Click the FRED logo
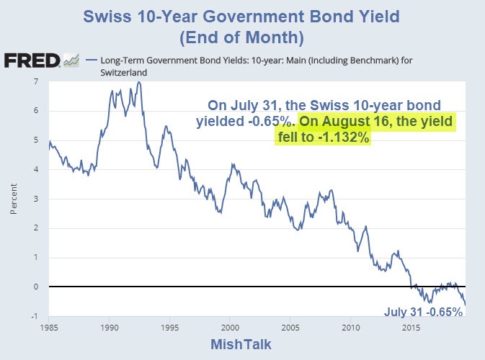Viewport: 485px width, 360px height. (32, 60)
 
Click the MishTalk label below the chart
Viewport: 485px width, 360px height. (242, 344)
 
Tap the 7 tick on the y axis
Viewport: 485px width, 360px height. (36, 81)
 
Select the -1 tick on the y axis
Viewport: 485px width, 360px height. (35, 316)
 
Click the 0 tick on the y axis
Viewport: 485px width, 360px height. (36, 287)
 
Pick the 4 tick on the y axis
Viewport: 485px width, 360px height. (36, 169)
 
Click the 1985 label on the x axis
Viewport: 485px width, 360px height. (49, 327)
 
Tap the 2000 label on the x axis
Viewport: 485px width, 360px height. (230, 327)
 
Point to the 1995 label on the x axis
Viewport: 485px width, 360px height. (169, 327)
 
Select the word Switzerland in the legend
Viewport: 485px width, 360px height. (115, 73)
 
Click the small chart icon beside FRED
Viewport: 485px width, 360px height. (71, 60)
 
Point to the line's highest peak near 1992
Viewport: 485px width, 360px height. (138, 82)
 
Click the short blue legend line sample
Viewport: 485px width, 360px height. (90, 60)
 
